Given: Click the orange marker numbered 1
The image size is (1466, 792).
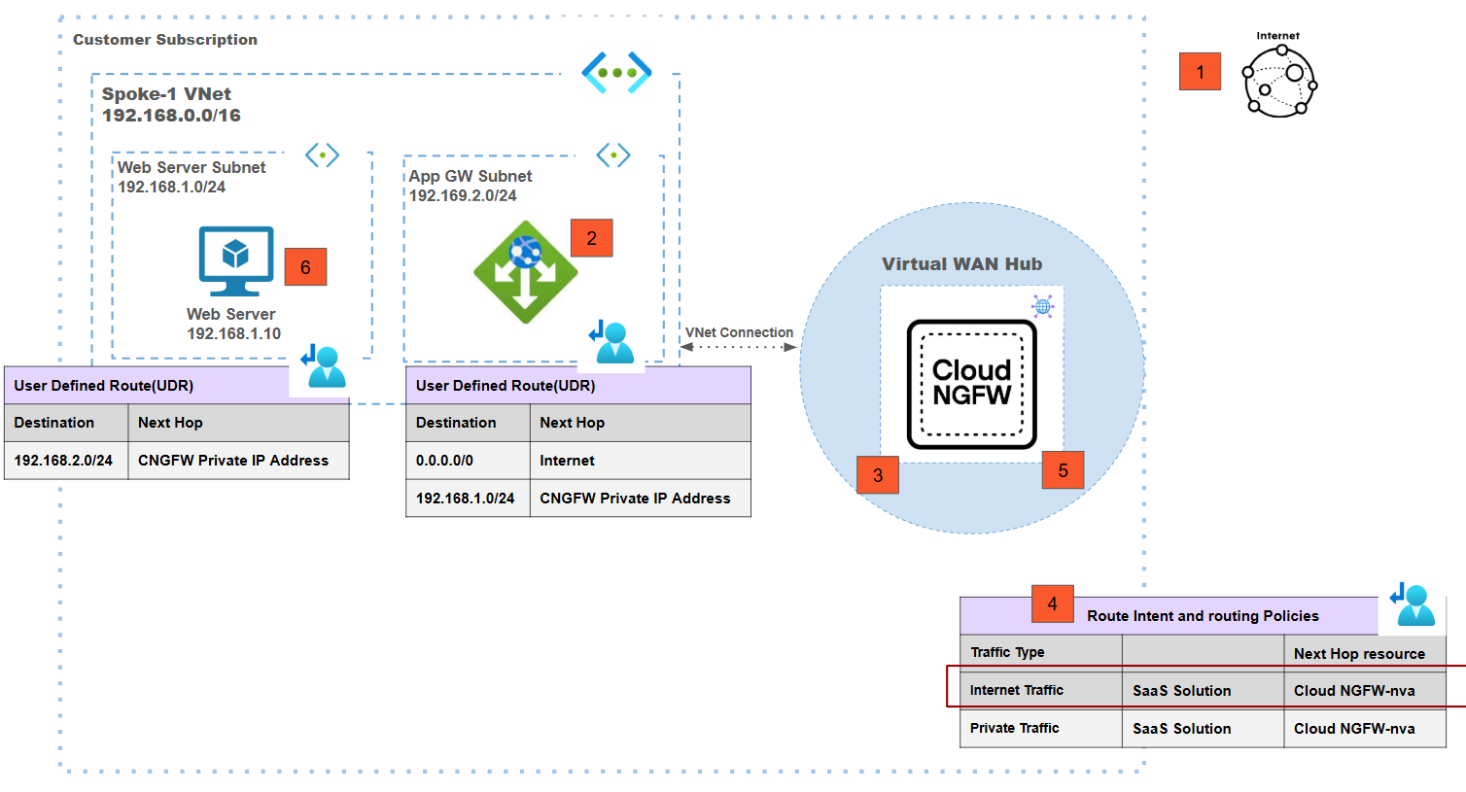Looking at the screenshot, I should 1200,72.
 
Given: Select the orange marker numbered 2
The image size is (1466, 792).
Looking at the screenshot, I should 591,238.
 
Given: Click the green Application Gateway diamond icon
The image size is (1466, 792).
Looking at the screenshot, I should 526,272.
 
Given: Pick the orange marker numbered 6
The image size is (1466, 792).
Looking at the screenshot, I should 305,267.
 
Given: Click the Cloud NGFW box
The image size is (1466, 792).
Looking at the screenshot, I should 971,384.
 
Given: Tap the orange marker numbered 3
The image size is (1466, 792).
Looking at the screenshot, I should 877,475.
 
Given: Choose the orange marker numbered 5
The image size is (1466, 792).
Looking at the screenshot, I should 1063,471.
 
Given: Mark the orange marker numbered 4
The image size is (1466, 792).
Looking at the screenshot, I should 1052,604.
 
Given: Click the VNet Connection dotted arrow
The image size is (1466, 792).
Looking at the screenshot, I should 739,347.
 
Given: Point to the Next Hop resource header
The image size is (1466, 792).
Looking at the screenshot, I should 1359,654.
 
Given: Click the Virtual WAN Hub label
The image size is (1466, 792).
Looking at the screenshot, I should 961,264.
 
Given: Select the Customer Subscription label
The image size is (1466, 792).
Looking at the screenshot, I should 165,40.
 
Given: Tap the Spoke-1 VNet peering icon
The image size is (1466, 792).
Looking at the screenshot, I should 616,73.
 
